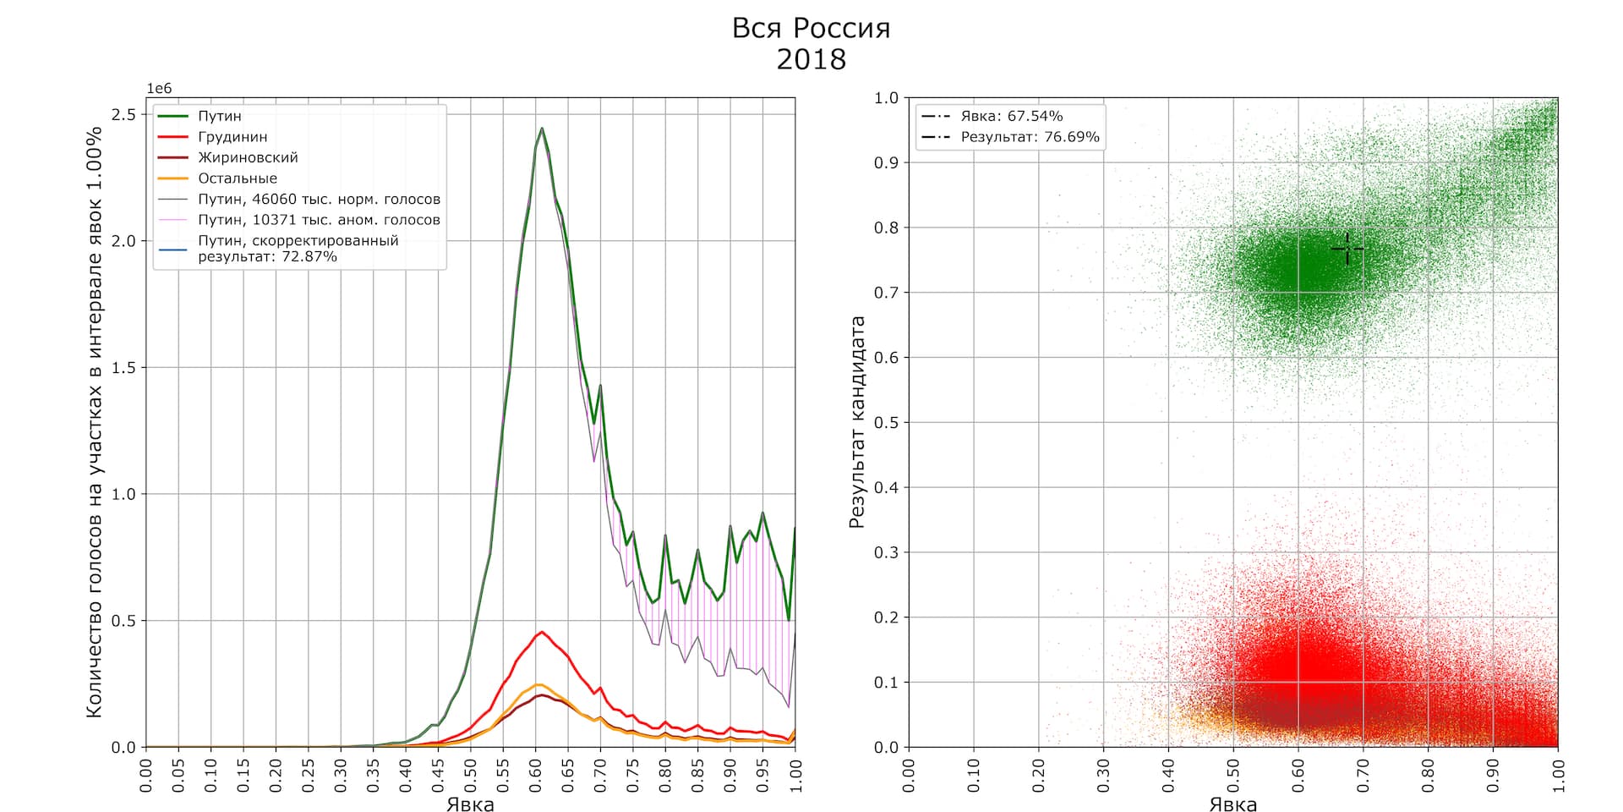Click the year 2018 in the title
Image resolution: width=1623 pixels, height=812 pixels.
coord(811,59)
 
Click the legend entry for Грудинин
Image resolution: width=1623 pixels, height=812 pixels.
coord(232,137)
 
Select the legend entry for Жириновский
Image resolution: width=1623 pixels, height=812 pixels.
coord(248,157)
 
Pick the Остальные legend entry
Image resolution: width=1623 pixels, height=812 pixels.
coord(238,178)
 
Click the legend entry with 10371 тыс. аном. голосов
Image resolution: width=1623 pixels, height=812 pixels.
coord(319,220)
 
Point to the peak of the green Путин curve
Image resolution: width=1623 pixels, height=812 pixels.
coord(542,129)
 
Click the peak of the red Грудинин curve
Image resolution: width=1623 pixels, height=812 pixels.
coord(542,632)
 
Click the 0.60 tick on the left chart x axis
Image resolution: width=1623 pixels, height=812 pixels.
coord(536,775)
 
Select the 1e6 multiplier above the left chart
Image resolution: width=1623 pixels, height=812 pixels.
coord(159,89)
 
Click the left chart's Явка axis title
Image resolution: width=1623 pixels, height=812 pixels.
coord(470,804)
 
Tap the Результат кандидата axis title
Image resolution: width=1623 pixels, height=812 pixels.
coord(857,422)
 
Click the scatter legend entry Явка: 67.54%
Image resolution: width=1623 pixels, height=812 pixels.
coord(1011,116)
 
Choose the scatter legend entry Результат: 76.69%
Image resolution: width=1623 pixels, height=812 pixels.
coord(1030,137)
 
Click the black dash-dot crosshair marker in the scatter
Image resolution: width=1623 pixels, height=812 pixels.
coord(1347,249)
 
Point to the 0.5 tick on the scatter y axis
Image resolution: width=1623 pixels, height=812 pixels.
coord(886,423)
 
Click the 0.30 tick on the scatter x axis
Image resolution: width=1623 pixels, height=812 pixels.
coord(1104,775)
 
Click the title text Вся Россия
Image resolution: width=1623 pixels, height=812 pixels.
coord(811,28)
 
